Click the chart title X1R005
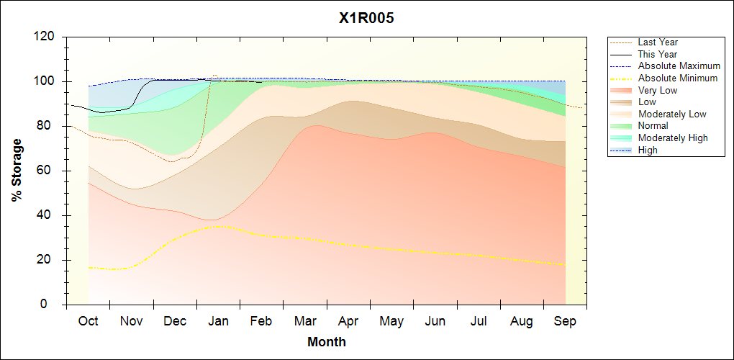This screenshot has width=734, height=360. coord(366,19)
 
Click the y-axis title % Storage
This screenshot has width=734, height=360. coord(17,174)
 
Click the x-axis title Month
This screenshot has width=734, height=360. coord(327,342)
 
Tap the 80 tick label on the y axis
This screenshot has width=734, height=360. coord(48,126)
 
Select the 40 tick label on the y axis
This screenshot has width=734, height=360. coord(48,215)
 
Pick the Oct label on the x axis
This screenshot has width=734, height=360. coord(88,321)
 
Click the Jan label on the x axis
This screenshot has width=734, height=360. coord(218,321)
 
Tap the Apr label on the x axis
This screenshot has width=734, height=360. coord(348,321)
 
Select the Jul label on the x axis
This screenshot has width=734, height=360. coord(479,321)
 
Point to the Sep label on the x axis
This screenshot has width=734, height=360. coord(565,321)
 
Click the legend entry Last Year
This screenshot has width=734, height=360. coord(658,42)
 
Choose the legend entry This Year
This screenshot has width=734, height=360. coord(657,54)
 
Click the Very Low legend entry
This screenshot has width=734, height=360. coord(658,90)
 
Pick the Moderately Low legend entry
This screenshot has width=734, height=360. coord(672,114)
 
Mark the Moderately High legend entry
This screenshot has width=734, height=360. coord(673,138)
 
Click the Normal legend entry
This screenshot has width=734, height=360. coord(653,126)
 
